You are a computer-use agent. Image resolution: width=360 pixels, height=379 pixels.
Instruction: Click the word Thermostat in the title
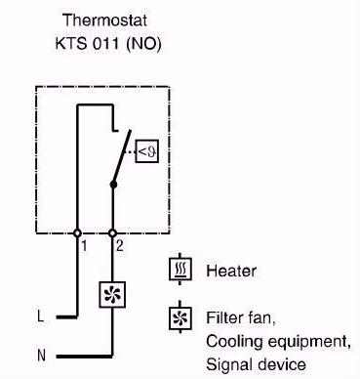(x=105, y=21)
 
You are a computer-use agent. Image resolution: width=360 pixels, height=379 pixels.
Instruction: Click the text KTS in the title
(x=71, y=43)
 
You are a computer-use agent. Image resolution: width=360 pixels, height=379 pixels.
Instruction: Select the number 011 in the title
(x=106, y=43)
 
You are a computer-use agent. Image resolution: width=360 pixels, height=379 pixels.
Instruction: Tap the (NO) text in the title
(x=143, y=43)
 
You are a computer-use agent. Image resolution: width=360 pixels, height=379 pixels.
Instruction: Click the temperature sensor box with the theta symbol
(x=147, y=151)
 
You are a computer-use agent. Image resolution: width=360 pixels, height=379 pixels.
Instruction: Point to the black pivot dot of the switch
(x=113, y=185)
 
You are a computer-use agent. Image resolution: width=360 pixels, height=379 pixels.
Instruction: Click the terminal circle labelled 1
(x=77, y=233)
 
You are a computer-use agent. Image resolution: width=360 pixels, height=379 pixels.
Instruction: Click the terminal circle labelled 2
(x=112, y=233)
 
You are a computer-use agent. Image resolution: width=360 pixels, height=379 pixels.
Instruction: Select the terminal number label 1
(x=84, y=246)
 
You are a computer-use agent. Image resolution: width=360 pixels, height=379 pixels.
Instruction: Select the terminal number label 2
(x=120, y=246)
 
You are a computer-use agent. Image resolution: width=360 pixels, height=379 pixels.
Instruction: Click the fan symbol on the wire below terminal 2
(x=112, y=295)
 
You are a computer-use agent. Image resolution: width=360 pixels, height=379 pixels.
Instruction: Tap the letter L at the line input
(x=41, y=316)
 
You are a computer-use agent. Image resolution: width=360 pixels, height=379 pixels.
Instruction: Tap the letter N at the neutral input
(x=41, y=355)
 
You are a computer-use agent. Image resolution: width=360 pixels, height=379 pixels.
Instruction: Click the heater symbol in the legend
(x=180, y=269)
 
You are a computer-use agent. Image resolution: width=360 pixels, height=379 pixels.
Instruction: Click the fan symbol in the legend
(x=180, y=318)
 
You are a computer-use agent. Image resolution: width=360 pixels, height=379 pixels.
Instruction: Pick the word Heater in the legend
(x=231, y=271)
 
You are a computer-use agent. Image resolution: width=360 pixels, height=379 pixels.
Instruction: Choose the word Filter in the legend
(x=222, y=317)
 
